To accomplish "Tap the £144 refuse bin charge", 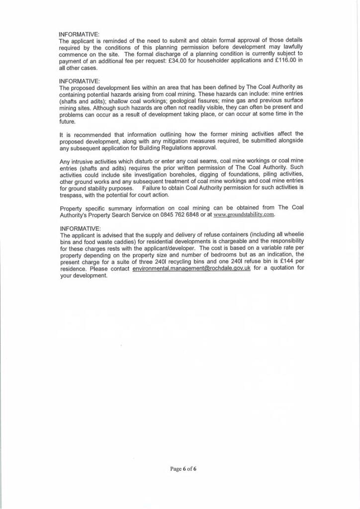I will (x=280, y=261).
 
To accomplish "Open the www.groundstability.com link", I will (x=244, y=215).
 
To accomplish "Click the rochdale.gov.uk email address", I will (x=191, y=268).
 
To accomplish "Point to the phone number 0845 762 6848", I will (x=180, y=215).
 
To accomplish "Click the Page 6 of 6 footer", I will (x=183, y=468).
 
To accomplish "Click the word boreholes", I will (x=173, y=175).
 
